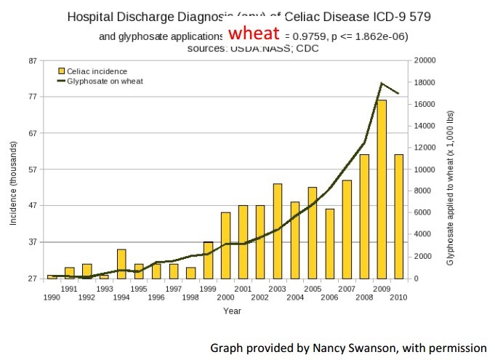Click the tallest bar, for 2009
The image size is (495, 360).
click(x=382, y=189)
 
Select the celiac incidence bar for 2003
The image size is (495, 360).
click(x=278, y=231)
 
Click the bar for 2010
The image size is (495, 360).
click(x=398, y=216)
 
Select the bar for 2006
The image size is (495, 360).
click(x=329, y=244)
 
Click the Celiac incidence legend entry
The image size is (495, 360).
click(x=97, y=71)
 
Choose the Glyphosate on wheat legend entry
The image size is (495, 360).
click(x=104, y=81)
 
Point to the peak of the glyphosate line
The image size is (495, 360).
click(x=382, y=84)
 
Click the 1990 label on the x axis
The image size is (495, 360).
click(x=52, y=297)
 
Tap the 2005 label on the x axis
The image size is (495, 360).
click(x=312, y=289)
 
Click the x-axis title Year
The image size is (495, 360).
click(x=232, y=311)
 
